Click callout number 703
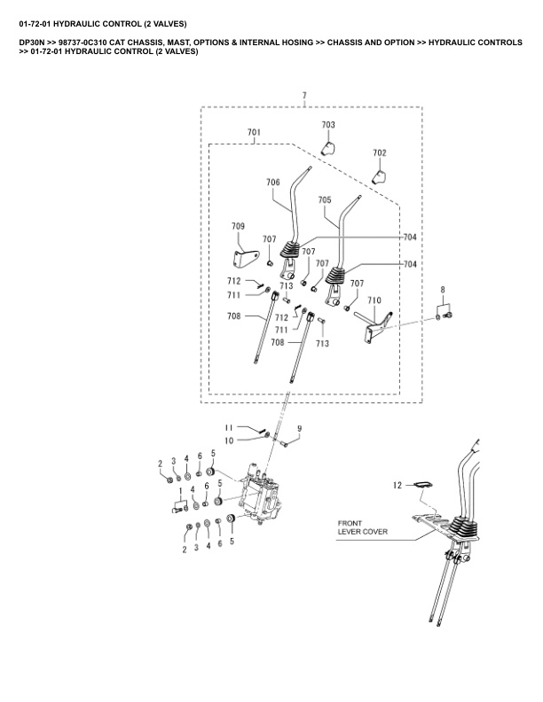pos(328,125)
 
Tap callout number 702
pos(380,153)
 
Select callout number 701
pos(254,133)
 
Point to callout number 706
pos(272,183)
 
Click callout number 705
pos(324,200)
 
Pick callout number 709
pos(239,226)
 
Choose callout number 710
pos(374,301)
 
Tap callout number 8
pos(444,290)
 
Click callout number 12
pos(398,484)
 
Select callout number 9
pos(299,429)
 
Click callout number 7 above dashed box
pos(304,94)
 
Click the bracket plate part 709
pos(240,256)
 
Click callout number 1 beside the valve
pos(181,490)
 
